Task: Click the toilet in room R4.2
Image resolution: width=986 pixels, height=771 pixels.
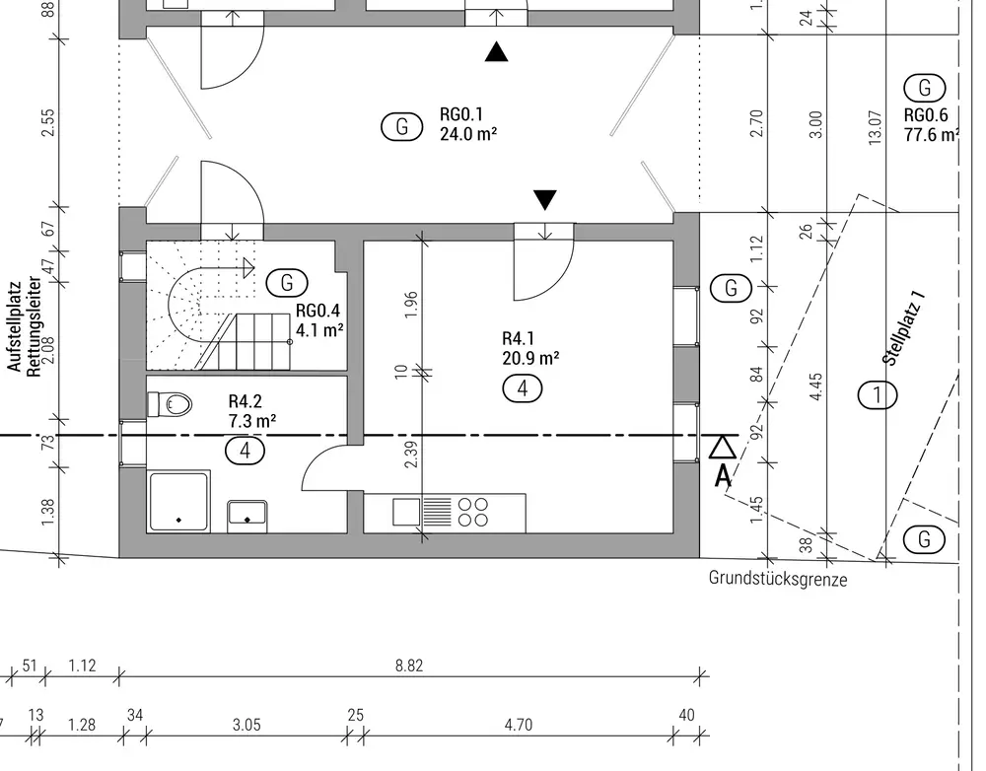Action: pyautogui.click(x=173, y=404)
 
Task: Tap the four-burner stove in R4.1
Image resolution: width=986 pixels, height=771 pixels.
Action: pyautogui.click(x=473, y=512)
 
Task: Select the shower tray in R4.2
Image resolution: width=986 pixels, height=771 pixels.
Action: pyautogui.click(x=178, y=502)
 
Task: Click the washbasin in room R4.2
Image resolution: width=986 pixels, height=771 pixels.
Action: pyautogui.click(x=246, y=513)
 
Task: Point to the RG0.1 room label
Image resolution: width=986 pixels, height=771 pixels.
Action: pyautogui.click(x=461, y=114)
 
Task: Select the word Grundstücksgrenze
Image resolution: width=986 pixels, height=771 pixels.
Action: pyautogui.click(x=777, y=579)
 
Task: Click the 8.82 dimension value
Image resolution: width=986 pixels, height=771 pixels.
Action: pyautogui.click(x=408, y=666)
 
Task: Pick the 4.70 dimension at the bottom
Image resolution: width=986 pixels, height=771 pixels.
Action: pyautogui.click(x=518, y=725)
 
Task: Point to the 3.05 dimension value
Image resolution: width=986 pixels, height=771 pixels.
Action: pyautogui.click(x=246, y=725)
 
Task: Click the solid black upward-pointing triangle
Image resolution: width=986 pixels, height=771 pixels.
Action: pyautogui.click(x=498, y=52)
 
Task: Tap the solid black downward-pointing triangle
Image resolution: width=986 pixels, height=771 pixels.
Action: pyautogui.click(x=545, y=200)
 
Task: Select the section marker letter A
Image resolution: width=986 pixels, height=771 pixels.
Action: pyautogui.click(x=723, y=475)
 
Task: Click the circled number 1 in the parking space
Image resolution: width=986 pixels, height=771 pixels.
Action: pyautogui.click(x=878, y=395)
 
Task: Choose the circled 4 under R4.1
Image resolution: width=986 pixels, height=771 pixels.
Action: pyautogui.click(x=523, y=388)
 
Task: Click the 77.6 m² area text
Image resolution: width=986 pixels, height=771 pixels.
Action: pyautogui.click(x=931, y=135)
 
